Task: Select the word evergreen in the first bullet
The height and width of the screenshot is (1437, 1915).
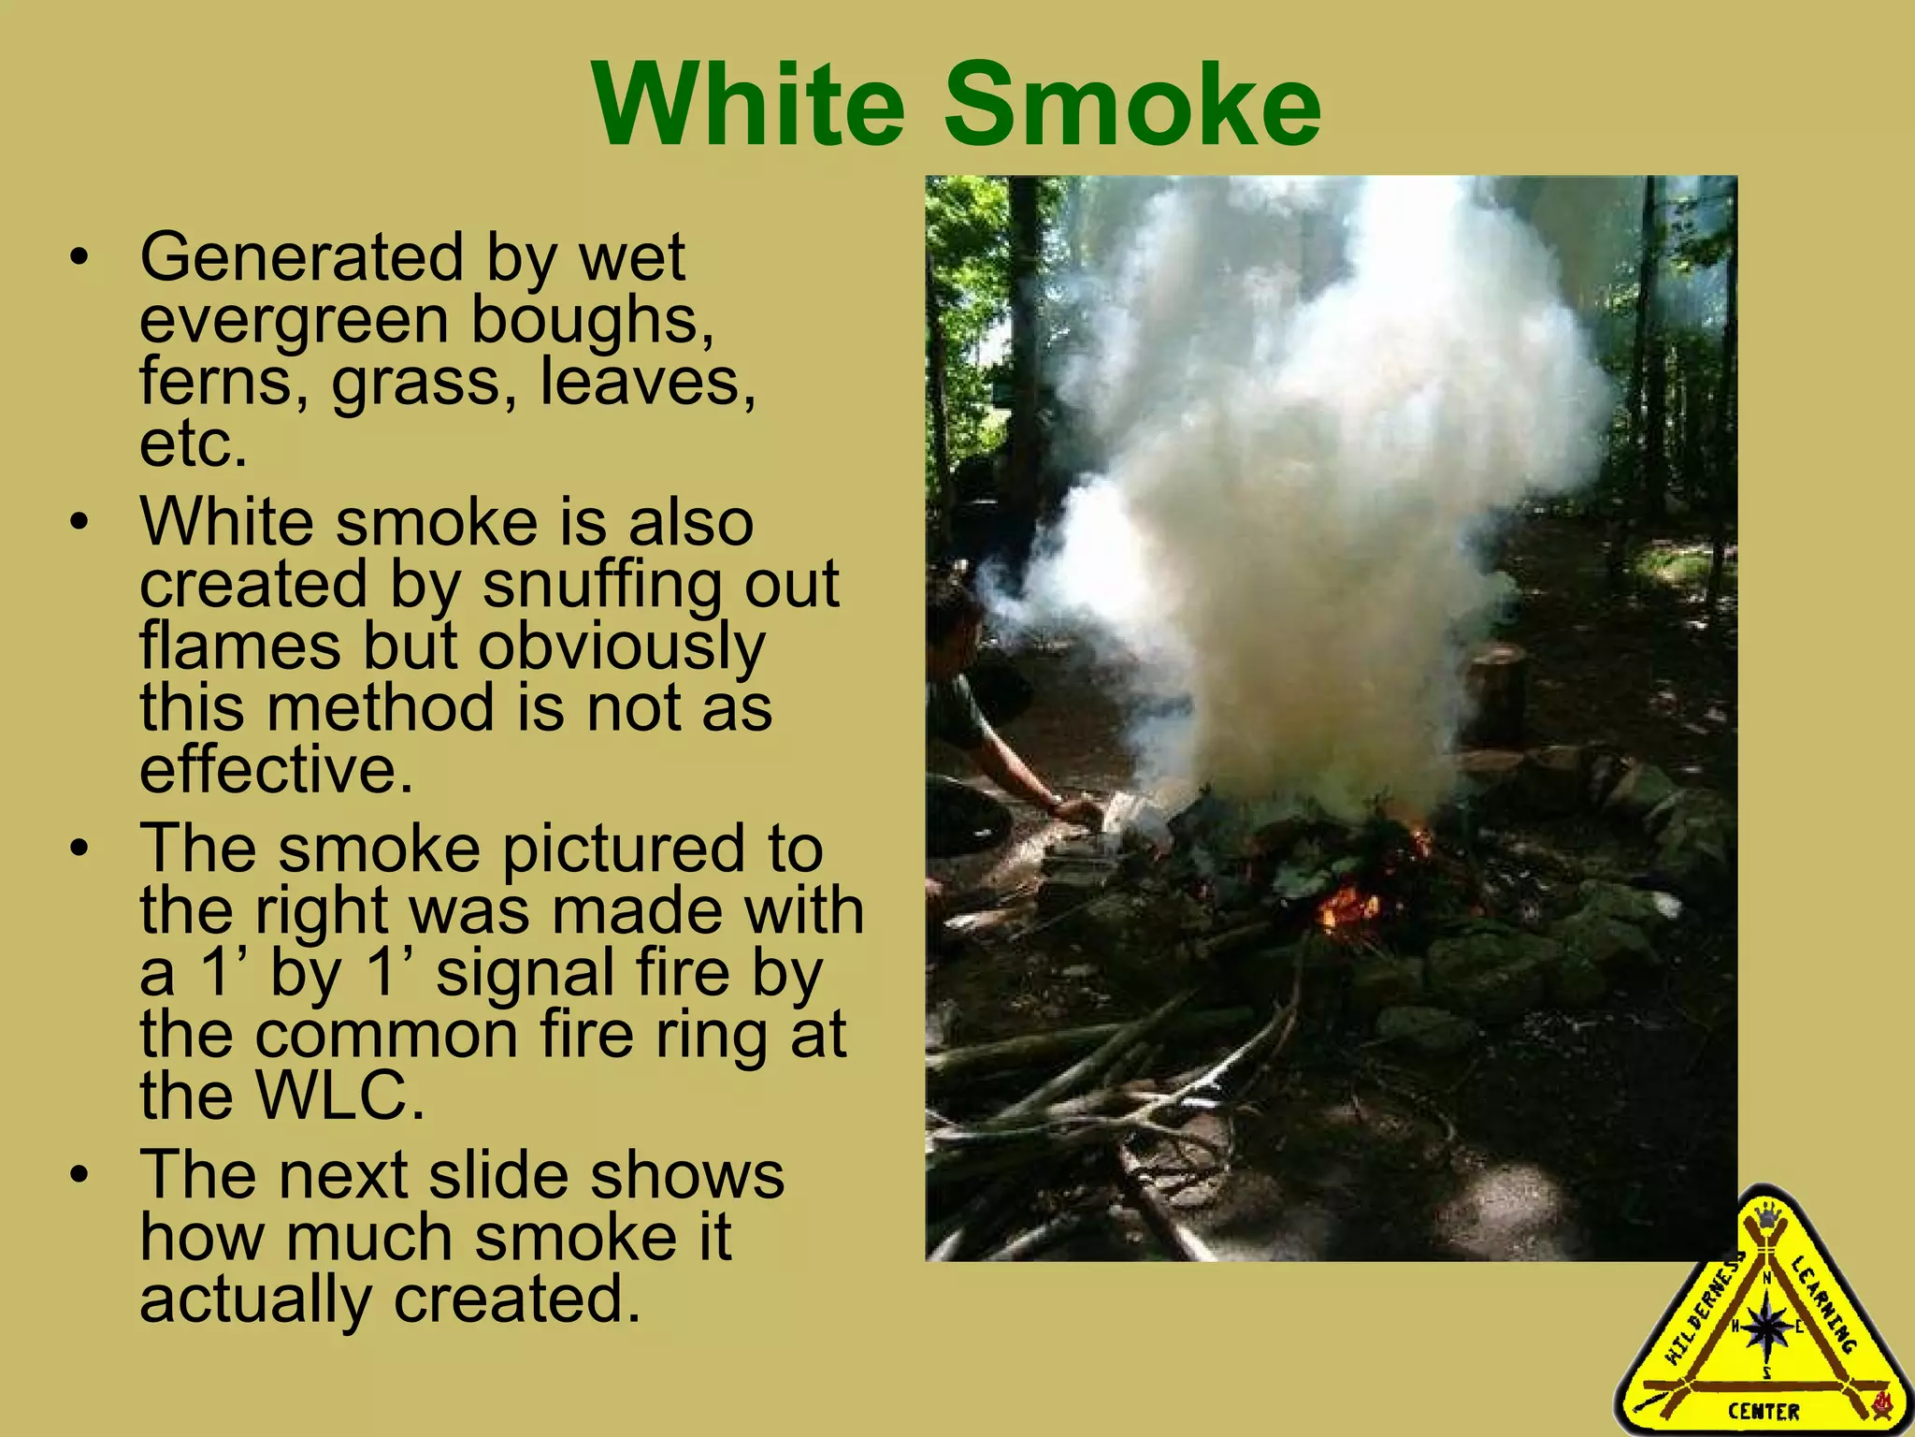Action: coord(295,320)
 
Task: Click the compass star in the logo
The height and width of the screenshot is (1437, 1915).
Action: coord(1766,1325)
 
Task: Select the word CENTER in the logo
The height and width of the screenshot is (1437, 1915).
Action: coord(1764,1411)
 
